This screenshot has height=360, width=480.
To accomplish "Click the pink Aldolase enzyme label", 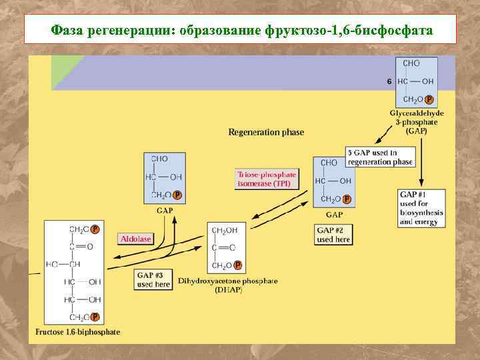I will coord(136,238).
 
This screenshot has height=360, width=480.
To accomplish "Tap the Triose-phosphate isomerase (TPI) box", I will coord(266,179).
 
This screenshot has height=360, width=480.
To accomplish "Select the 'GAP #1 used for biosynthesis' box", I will coord(421,208).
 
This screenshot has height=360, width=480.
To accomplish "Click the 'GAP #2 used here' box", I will coord(333,235).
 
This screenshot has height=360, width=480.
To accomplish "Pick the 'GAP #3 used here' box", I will coord(153,279).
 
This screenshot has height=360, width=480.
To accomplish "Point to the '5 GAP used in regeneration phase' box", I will coord(380,157).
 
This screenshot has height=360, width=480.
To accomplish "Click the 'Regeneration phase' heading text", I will coord(266,132).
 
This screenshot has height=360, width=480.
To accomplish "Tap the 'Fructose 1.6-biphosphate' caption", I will coord(77,332).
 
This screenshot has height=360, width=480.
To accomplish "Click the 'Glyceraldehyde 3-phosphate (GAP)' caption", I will coord(417,122).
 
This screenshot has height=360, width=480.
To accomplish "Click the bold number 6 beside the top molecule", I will coord(389,81).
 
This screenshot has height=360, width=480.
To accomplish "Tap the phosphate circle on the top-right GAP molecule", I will coord(429,99).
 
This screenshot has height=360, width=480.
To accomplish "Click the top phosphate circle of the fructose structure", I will coord(95,229).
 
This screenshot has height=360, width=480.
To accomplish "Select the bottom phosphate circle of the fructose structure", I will coord(95,317).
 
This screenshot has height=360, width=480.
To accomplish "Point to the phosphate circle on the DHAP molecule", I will coord(237,265).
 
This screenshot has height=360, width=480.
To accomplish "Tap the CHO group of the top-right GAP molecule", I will coord(411,63).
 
